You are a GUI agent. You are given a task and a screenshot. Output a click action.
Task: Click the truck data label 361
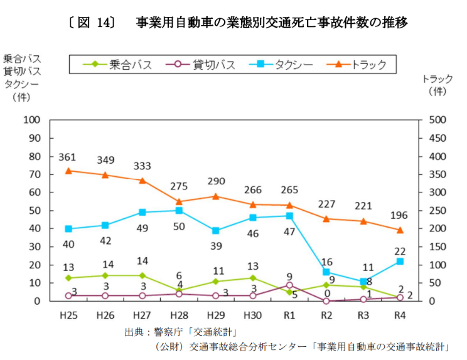point(67,157)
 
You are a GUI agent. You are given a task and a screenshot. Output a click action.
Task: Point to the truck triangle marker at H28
point(179,202)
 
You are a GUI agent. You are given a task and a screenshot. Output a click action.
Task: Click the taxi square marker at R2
point(326,272)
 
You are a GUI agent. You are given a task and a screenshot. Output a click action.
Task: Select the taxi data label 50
point(179,226)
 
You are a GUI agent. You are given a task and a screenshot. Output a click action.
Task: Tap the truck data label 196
point(399,216)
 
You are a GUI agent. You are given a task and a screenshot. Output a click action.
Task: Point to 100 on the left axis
point(32,120)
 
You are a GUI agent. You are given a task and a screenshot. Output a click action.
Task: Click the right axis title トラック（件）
point(437,85)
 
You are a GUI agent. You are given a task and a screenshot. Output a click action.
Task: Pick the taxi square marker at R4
point(400,262)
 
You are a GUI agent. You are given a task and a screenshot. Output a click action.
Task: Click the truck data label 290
point(216,182)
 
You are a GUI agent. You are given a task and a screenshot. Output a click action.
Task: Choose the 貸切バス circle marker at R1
point(289,285)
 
